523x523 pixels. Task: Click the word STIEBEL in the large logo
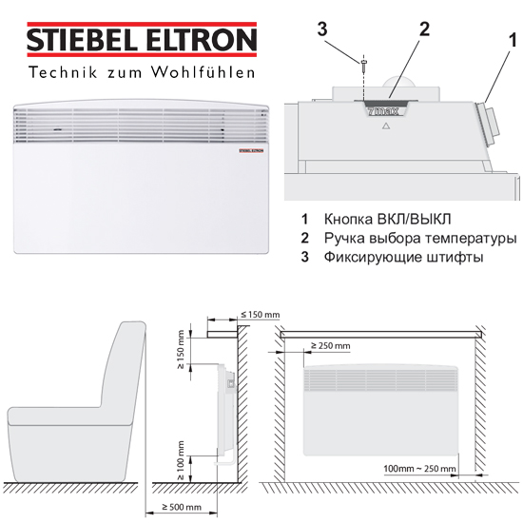tap(83, 40)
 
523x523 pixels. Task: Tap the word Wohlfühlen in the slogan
tap(203, 72)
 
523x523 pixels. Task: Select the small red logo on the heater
tap(251, 150)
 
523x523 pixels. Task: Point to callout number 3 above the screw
tap(322, 29)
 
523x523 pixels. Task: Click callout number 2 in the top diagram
tap(424, 29)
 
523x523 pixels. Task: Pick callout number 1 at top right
tap(513, 40)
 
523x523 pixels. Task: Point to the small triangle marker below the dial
tap(386, 126)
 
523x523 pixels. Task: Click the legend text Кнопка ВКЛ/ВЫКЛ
tap(387, 219)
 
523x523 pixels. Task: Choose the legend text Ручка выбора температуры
tap(420, 238)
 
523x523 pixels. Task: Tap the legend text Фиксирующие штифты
tap(403, 257)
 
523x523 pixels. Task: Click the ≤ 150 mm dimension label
tap(261, 315)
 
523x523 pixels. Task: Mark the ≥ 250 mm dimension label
tap(331, 345)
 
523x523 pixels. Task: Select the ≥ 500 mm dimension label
tap(182, 507)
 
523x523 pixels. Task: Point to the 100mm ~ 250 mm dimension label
tap(419, 468)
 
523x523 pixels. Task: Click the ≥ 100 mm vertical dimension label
tap(181, 460)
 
